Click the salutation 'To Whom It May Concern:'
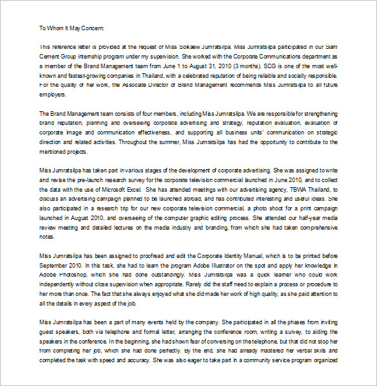[x=71, y=28]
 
